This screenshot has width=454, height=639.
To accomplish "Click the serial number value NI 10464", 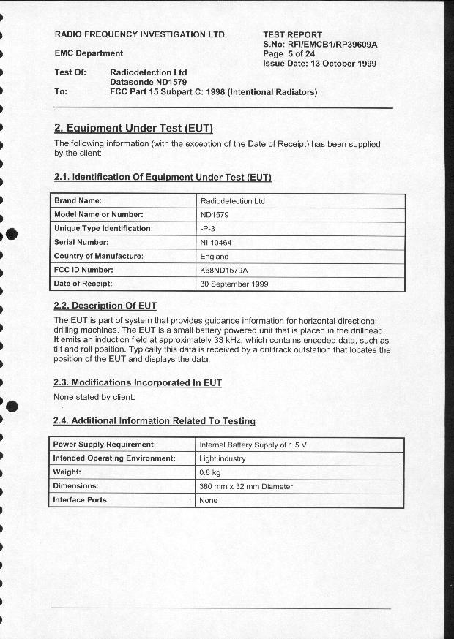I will point(216,242).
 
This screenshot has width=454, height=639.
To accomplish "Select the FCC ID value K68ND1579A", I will point(224,270).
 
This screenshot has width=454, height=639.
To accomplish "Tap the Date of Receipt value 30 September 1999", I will point(234,284).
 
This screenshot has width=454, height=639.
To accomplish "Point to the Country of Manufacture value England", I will point(215,257).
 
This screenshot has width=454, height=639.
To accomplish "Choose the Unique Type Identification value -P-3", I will point(208,228).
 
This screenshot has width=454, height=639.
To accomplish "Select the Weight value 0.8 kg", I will point(210,472).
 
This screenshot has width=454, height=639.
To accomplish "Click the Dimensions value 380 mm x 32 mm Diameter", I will point(246,486).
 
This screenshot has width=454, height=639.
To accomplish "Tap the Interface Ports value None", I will point(209,501).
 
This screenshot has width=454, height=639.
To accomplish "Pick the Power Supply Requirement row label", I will point(104,445).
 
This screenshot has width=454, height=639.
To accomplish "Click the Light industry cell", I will point(223,458).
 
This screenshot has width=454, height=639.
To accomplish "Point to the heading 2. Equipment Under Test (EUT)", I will point(133,129).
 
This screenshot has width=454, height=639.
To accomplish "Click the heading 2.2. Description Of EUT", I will point(105,306).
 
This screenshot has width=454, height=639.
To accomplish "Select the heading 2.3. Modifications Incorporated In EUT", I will point(138,382).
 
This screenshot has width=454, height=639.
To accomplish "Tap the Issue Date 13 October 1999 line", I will point(319,64).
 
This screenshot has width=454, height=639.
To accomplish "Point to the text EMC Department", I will point(89,53).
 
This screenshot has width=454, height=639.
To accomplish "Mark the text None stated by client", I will point(94,397).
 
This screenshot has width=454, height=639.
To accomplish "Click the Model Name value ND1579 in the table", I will point(215,214).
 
